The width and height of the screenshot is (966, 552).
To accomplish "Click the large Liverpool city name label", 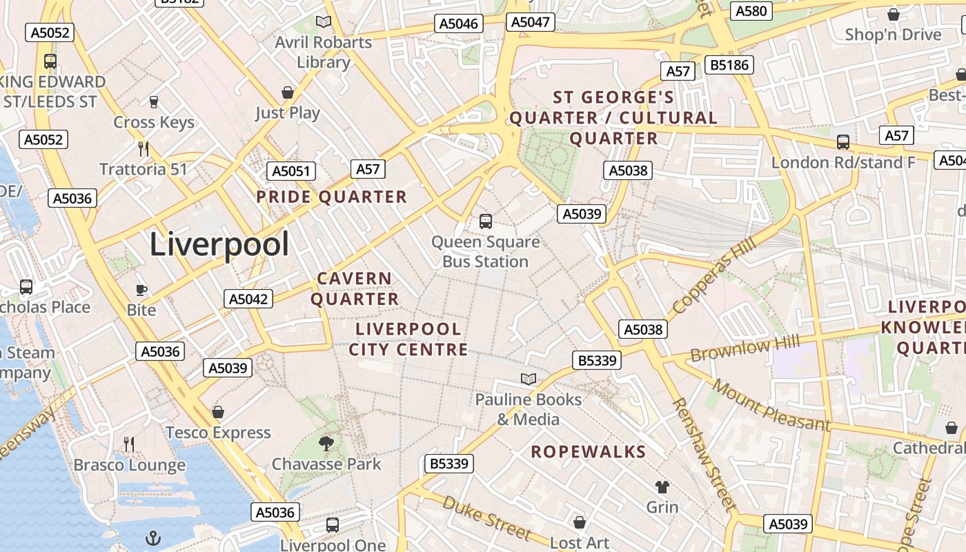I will [x=219, y=245].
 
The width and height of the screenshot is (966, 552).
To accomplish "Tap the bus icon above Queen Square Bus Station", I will [x=486, y=221].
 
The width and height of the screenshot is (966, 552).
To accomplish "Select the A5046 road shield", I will [x=459, y=24].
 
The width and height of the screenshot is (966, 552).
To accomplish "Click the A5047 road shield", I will [x=531, y=22].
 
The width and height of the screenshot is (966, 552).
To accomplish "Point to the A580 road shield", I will [x=751, y=11].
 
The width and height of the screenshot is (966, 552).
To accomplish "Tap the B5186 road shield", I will [x=729, y=66].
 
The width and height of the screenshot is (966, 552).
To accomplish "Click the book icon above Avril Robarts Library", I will [x=324, y=21].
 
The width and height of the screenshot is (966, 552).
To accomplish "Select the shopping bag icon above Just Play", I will [x=288, y=92].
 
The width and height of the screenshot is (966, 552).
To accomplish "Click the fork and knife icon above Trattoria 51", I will [x=144, y=148].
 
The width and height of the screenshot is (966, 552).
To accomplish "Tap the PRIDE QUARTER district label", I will [x=332, y=197].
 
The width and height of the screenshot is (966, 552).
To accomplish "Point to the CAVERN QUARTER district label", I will [x=355, y=288].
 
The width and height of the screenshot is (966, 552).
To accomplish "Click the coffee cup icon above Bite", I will [x=141, y=290].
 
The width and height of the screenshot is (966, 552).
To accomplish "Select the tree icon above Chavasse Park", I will [x=326, y=443].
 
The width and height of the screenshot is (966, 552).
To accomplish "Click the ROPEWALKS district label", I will [x=588, y=452].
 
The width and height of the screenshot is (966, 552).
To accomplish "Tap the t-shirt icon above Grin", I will [x=662, y=487].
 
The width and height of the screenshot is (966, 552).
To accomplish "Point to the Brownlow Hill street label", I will [x=745, y=348].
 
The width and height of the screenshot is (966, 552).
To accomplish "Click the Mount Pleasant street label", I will [x=771, y=405].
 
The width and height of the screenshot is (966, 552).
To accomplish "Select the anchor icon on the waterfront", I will [x=152, y=538].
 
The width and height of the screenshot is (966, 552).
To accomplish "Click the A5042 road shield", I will [x=248, y=299].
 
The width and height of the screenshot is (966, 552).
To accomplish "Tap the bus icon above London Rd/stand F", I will [x=843, y=142].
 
